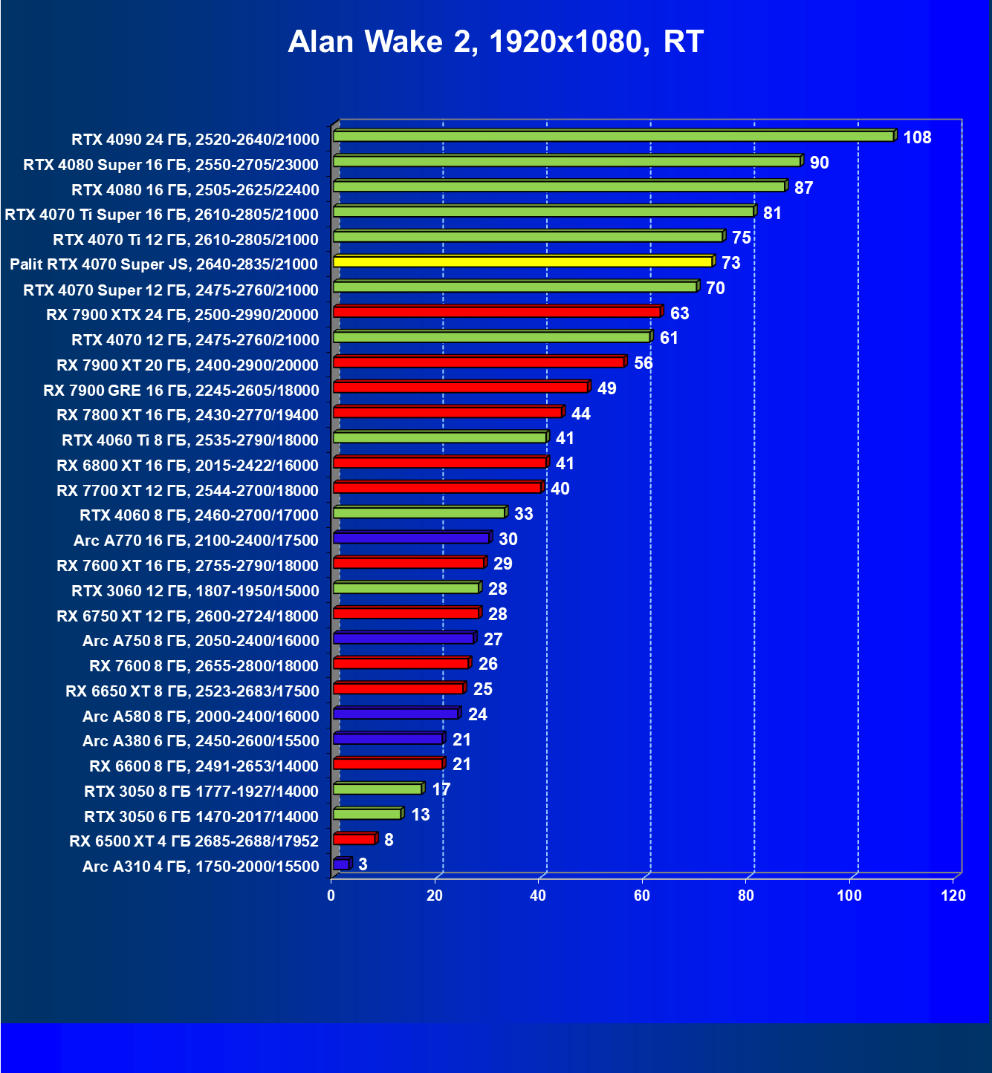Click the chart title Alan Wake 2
point(496,42)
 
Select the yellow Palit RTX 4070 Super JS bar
point(523,261)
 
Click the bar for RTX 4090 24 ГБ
point(614,136)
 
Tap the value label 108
point(917,137)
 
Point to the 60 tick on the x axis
point(642,896)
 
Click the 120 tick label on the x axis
point(953,896)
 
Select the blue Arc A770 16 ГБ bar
point(412,538)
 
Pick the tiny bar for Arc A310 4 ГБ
point(341,864)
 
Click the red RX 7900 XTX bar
point(497,311)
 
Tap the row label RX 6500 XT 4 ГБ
point(194,841)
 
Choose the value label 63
point(679,313)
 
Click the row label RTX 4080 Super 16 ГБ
point(171,165)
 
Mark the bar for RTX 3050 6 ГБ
point(367,814)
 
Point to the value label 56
point(643,363)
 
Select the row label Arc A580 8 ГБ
point(201,716)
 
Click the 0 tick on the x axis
point(331,896)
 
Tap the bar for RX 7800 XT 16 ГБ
point(447,412)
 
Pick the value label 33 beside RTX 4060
point(524,514)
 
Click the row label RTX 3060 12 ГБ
point(195,590)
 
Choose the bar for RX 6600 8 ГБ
point(388,763)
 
